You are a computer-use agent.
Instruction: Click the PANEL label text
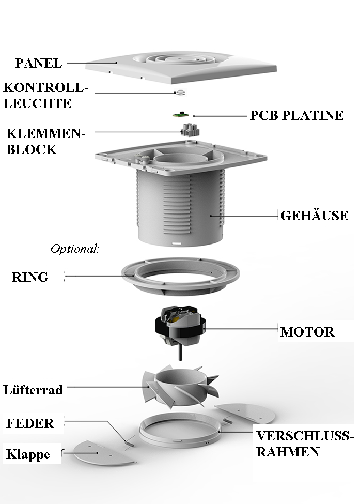pos(38,64)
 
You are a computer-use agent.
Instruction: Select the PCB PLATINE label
pos(296,115)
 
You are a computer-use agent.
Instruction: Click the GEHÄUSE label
pos(314,216)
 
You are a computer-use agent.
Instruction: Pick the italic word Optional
pos(74,249)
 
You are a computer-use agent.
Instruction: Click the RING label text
pos(30,277)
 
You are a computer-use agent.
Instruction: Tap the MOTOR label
pos(307,331)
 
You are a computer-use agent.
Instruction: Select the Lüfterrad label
pos(33,389)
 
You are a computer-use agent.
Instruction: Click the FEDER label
pos(30,424)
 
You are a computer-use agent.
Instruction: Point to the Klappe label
pos(28,455)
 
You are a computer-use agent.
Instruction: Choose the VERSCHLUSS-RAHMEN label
pos(305,444)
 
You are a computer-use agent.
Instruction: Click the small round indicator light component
pos(180,93)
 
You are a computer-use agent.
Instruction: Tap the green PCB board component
pos(180,115)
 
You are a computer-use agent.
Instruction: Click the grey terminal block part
pos(189,129)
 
